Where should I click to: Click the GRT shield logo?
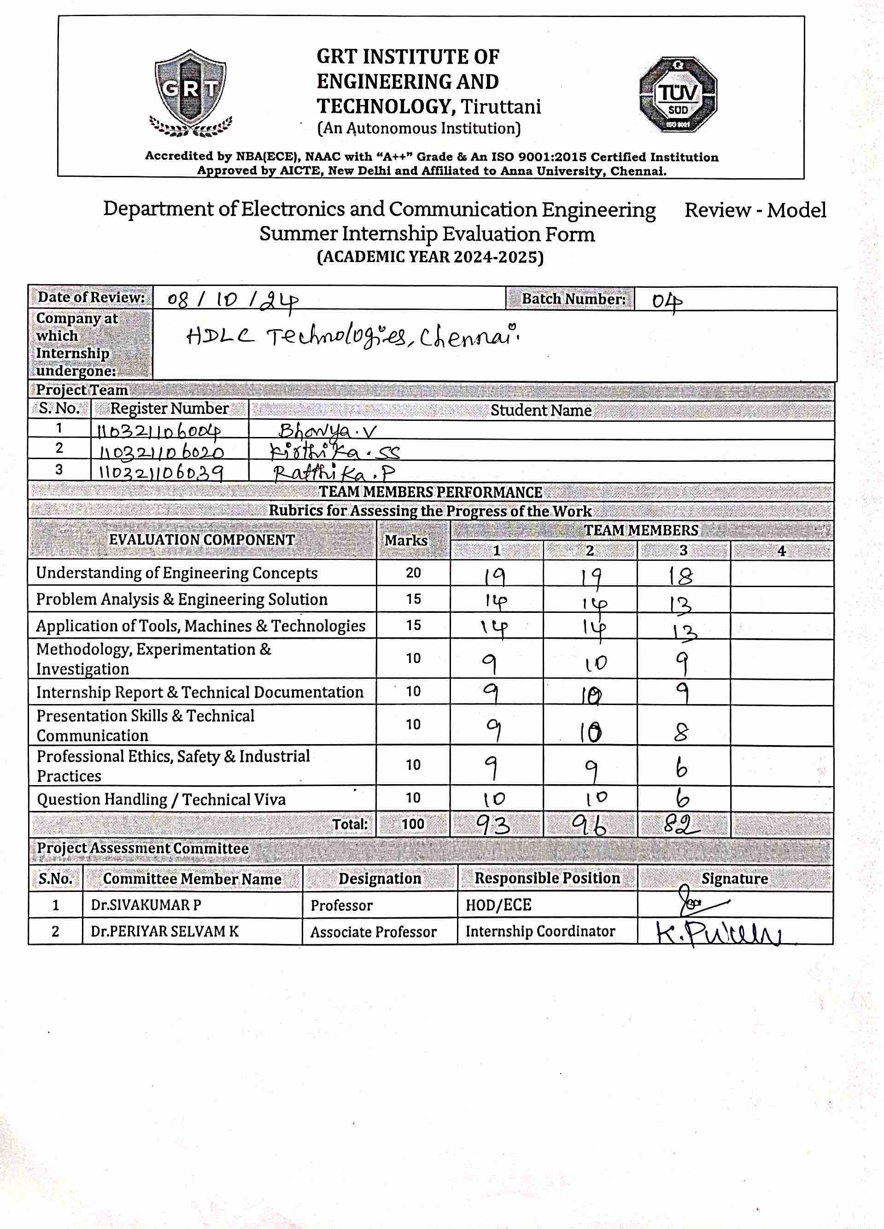click(x=191, y=92)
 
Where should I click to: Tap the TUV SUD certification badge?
click(x=678, y=95)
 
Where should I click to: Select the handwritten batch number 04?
click(x=666, y=301)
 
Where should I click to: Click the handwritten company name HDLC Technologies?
click(x=352, y=338)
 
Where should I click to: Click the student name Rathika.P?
click(x=334, y=473)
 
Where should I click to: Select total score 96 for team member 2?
click(x=589, y=825)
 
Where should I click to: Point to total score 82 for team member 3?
click(x=681, y=825)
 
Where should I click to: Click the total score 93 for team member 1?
click(x=493, y=825)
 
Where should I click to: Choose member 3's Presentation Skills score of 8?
click(x=681, y=733)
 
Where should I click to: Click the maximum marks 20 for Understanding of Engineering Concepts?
click(x=413, y=573)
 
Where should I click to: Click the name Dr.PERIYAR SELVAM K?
click(x=165, y=932)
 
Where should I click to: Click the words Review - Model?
click(x=755, y=210)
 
